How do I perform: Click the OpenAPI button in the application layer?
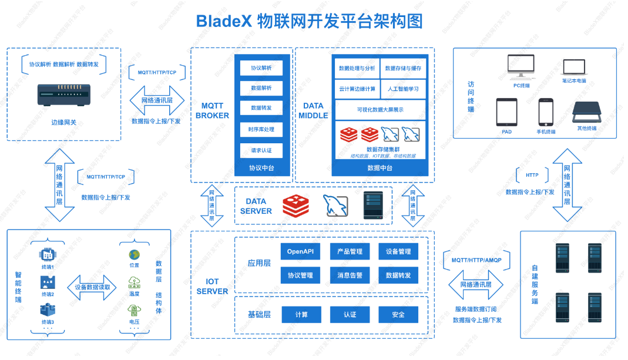(300, 251)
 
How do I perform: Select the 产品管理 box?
(350, 251)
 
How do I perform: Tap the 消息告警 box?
(350, 275)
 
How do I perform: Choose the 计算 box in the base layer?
(301, 314)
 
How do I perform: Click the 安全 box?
(398, 314)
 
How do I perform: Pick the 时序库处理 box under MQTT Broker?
(261, 129)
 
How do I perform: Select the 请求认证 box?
(261, 150)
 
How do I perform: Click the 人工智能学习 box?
(403, 89)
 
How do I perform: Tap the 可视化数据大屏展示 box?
(380, 110)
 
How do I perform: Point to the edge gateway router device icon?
(64, 94)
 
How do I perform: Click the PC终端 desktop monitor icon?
(521, 67)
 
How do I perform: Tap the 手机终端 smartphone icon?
(546, 112)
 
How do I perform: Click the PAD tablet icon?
(506, 112)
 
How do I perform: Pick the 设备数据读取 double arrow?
(92, 287)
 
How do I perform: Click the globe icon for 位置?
(135, 255)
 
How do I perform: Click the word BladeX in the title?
(224, 22)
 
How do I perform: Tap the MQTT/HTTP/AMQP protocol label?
(476, 260)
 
